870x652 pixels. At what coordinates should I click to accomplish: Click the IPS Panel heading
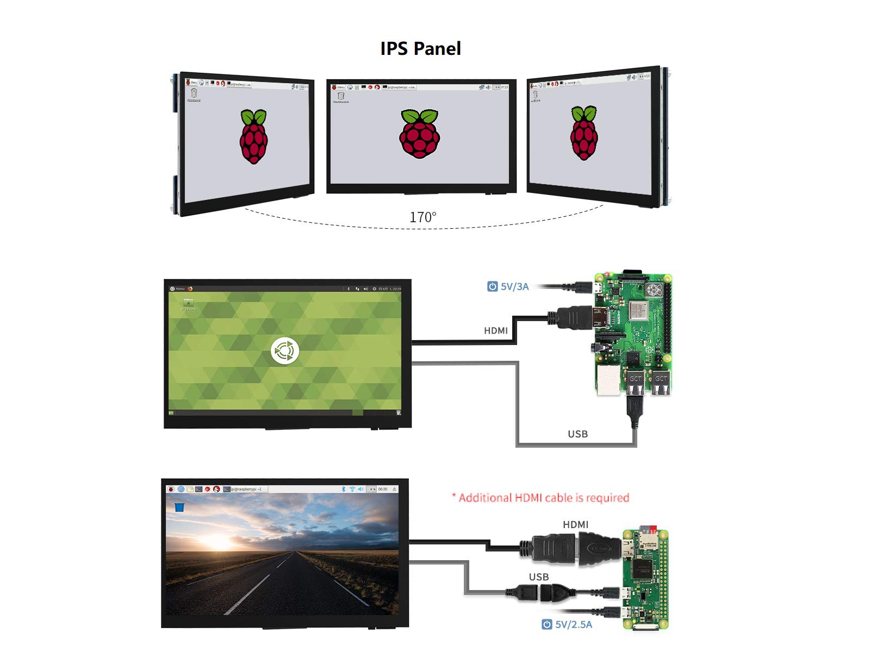point(420,48)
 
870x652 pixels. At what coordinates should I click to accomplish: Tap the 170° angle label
point(422,217)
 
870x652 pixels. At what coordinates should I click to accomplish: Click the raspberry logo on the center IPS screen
point(420,134)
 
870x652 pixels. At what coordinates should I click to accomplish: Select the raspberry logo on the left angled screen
point(253,136)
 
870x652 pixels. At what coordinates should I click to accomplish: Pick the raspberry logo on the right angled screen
point(584,133)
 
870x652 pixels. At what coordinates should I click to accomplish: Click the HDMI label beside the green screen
point(495,330)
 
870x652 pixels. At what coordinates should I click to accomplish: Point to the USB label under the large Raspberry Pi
point(577,434)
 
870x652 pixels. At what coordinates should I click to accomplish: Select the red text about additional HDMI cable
point(540,498)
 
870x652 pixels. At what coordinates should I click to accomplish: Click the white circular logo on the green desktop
point(285,351)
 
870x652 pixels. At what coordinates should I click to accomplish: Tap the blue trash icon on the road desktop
point(179,507)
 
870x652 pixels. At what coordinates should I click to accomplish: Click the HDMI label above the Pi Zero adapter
point(575,524)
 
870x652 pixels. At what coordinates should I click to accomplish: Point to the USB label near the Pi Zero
point(538,577)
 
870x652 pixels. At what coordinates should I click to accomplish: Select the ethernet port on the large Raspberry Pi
point(608,379)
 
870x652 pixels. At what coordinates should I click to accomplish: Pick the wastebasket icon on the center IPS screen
point(341,96)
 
